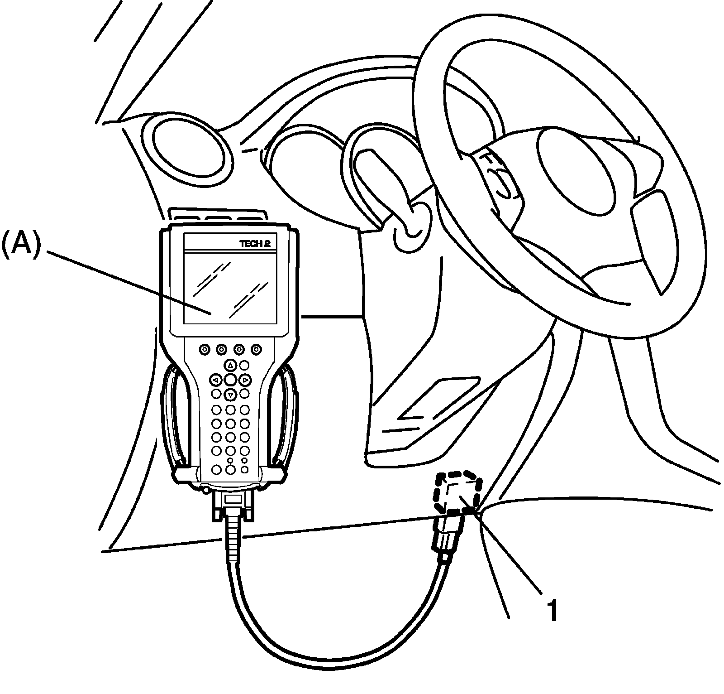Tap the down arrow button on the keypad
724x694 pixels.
[231, 395]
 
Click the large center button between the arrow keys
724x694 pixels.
[230, 379]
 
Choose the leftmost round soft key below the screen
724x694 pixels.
[204, 349]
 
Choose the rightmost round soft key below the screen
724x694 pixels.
[257, 349]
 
